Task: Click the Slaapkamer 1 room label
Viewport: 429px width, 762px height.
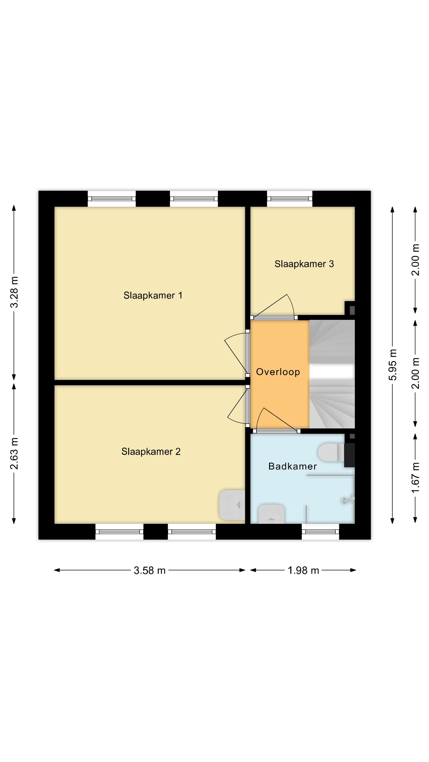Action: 153,295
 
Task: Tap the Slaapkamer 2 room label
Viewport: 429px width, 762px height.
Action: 151,451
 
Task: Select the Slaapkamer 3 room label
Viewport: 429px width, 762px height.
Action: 304,264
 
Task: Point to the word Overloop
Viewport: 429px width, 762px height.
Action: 278,372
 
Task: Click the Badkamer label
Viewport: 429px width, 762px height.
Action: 293,466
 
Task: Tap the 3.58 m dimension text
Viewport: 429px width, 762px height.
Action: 149,570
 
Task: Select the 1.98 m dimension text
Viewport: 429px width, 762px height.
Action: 303,570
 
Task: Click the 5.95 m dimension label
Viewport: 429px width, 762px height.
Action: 393,364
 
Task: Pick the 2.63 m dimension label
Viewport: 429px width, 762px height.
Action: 14,453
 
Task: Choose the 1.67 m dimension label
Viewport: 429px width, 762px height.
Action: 415,478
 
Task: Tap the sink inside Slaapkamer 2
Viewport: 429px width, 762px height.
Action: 232,505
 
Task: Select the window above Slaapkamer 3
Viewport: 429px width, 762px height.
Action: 289,198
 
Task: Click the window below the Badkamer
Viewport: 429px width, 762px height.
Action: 320,532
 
